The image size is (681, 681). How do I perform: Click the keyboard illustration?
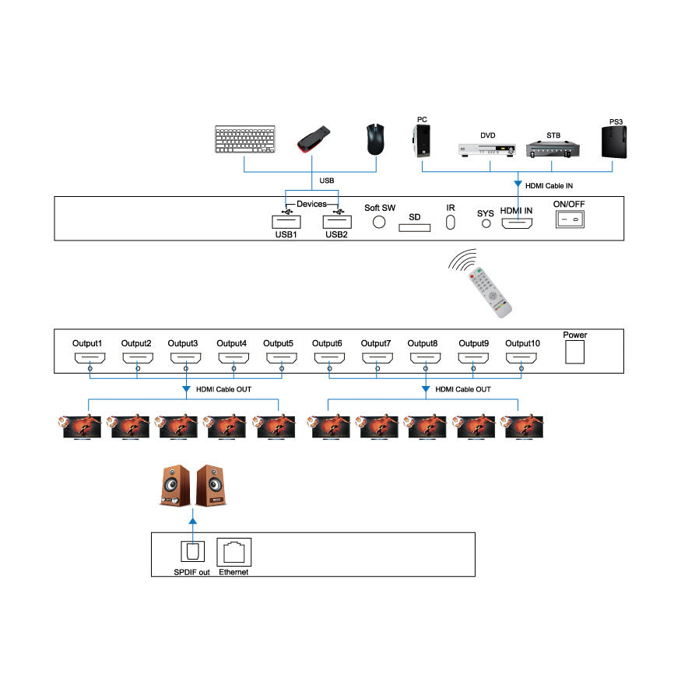tap(244, 140)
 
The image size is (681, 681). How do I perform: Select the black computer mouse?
tap(376, 138)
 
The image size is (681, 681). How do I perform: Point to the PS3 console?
tap(618, 141)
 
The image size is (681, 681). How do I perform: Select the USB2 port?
tap(336, 220)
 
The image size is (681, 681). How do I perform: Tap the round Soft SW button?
tap(380, 221)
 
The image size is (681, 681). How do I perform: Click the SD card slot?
tap(414, 227)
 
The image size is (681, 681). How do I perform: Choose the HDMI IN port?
tap(517, 224)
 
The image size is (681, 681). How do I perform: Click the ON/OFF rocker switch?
tap(569, 219)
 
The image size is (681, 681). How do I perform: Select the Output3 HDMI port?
tap(185, 358)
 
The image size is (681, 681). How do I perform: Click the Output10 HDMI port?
tap(521, 358)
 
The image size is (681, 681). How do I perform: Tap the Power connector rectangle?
tap(575, 353)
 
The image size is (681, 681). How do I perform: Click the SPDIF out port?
tap(191, 552)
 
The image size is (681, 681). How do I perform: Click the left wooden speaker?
tap(174, 486)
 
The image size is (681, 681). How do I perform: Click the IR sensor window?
tap(451, 223)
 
